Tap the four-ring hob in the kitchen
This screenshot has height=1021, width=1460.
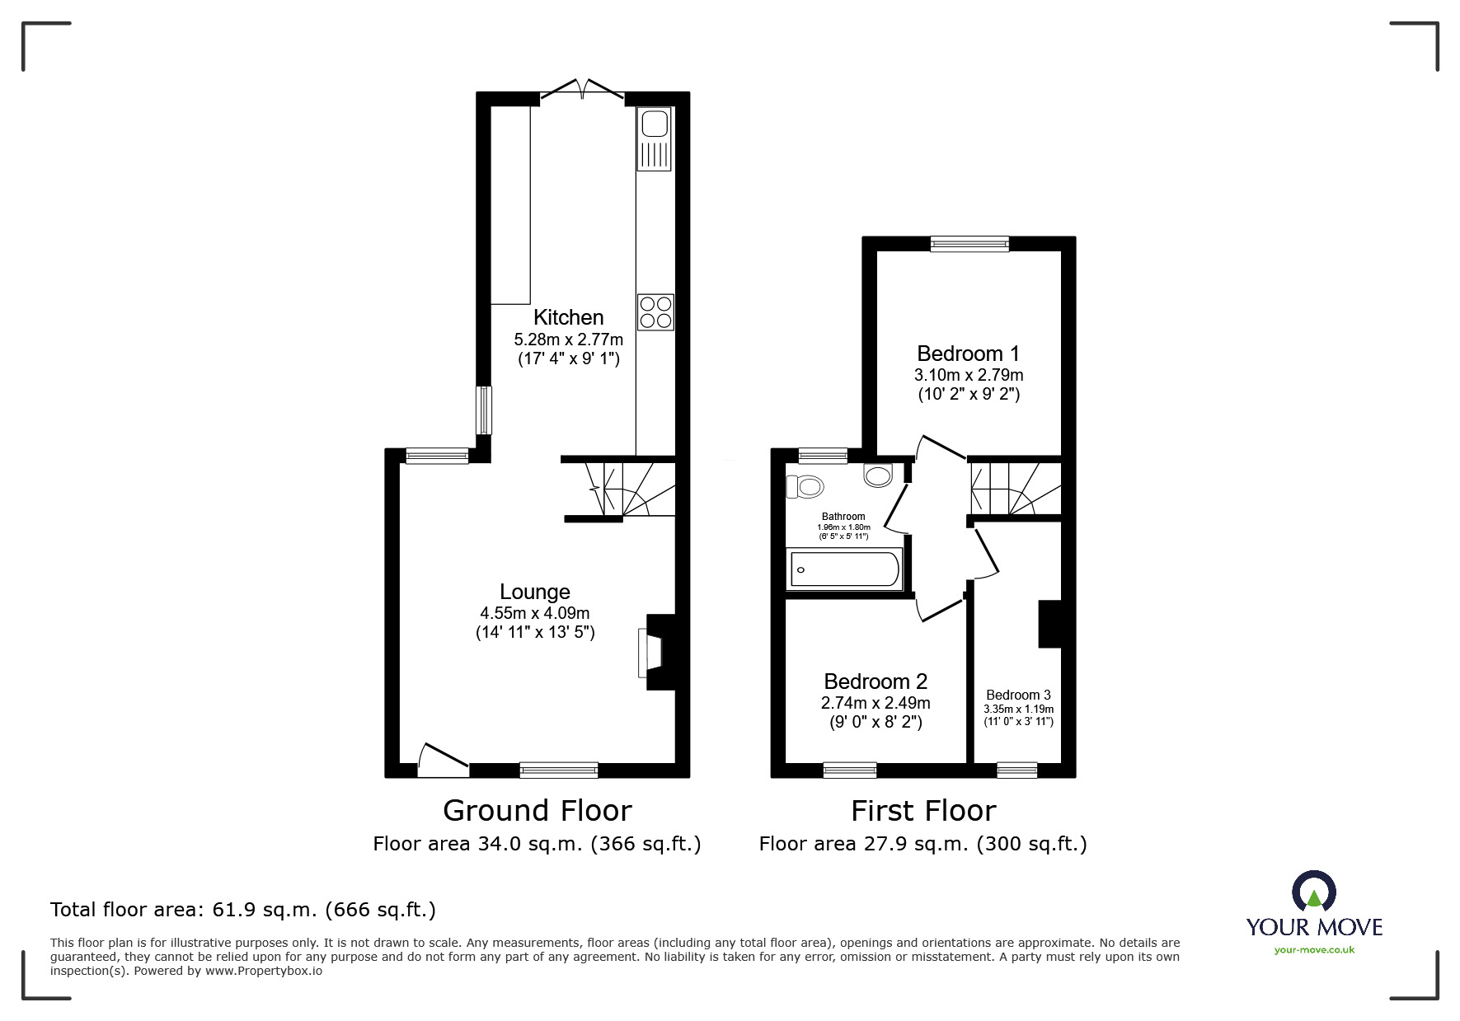coord(655,312)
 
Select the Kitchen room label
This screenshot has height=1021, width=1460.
coord(568,317)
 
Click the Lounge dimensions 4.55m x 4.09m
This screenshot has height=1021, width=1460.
coord(535,613)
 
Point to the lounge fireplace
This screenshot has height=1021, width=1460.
coord(660,652)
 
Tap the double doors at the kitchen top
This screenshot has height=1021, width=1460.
coord(583,89)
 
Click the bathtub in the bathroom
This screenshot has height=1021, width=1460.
coord(844,569)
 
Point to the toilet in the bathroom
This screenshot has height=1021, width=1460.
coord(806,486)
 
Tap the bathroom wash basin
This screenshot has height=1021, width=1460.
coord(878,475)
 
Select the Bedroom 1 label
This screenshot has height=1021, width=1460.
coord(968,354)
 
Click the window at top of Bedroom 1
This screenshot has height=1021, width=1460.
coord(969,243)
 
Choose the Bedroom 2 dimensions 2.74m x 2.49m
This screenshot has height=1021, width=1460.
coord(876,703)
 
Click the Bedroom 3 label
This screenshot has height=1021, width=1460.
coord(1018,695)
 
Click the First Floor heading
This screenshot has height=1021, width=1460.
coord(923,811)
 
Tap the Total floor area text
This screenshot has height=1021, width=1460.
coord(243,910)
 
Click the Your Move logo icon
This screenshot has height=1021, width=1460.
coord(1313,892)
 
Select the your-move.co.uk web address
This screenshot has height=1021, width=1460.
coord(1314,950)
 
